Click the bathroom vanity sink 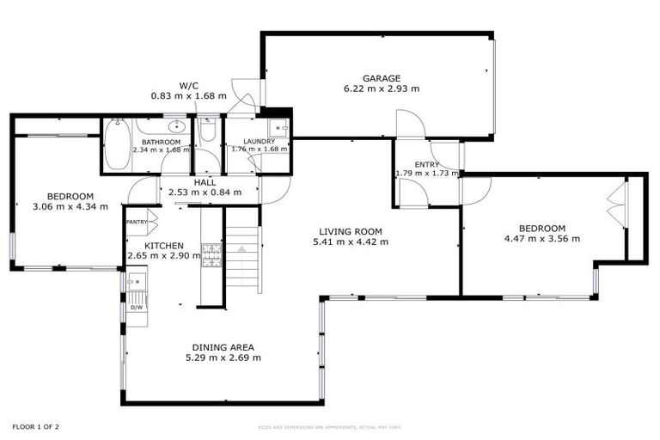(x=175, y=127)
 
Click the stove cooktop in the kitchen (x=211, y=254)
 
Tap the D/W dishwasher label (x=136, y=307)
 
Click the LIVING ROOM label (x=350, y=231)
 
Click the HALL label (x=205, y=182)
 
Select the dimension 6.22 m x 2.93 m (x=382, y=88)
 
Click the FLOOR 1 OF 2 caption (x=35, y=425)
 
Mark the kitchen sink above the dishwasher (x=135, y=281)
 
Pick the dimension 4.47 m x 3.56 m (x=541, y=239)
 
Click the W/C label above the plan (x=189, y=85)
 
